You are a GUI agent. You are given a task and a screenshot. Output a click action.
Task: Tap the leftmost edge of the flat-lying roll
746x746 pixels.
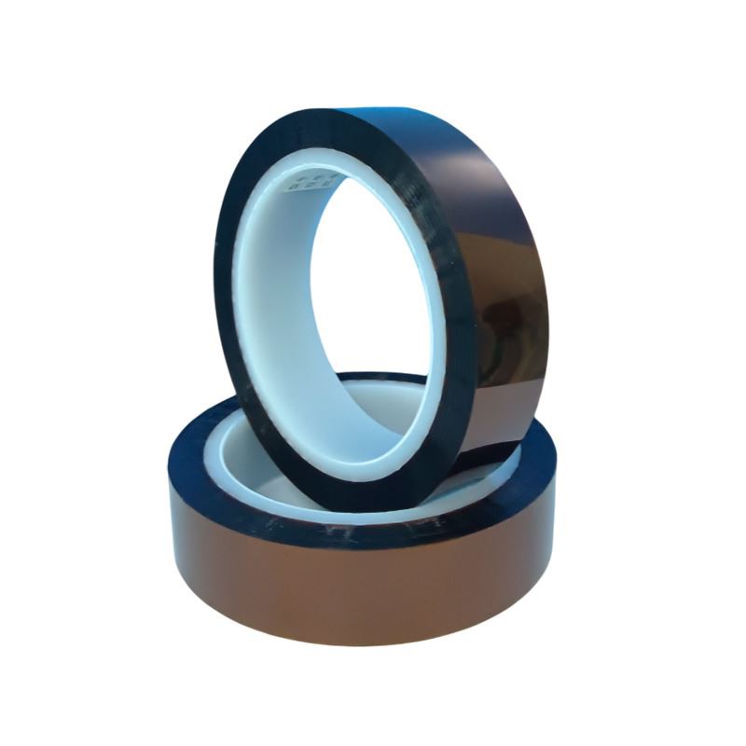click(x=172, y=522)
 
